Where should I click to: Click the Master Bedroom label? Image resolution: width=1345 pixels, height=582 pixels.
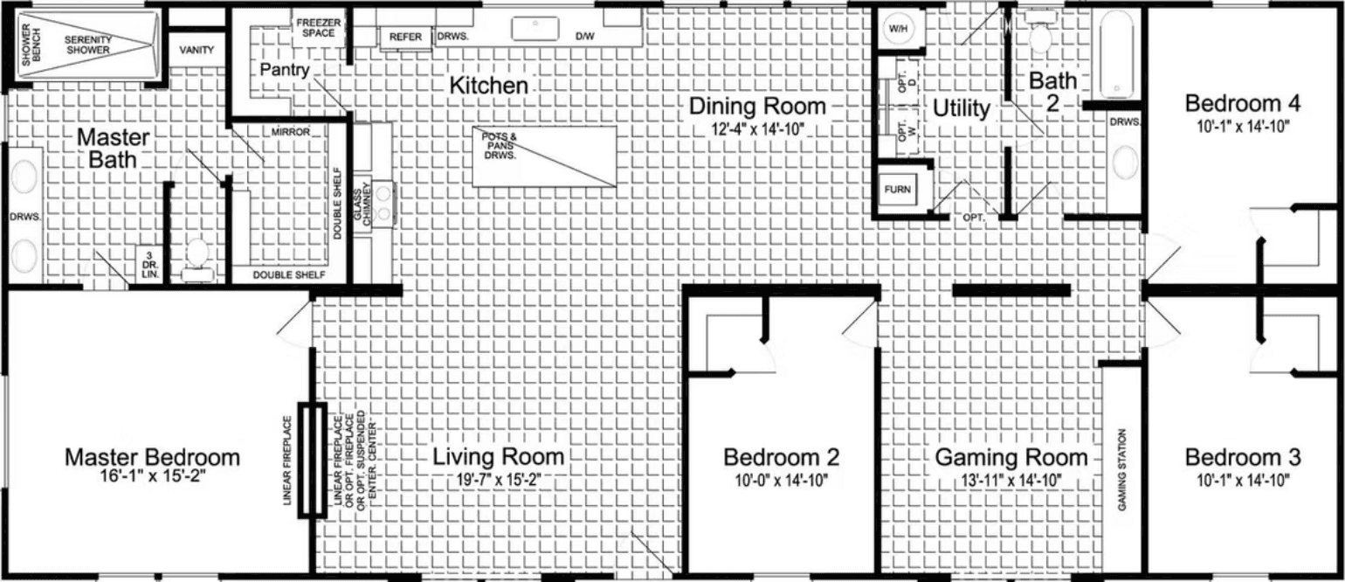[x=153, y=457]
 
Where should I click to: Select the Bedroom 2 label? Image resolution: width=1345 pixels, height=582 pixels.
[x=782, y=457]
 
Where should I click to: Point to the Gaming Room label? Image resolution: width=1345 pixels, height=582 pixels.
[x=1011, y=457]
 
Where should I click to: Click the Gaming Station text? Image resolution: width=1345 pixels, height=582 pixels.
[x=1122, y=469]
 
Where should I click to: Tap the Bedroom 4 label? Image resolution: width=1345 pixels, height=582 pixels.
[x=1242, y=103]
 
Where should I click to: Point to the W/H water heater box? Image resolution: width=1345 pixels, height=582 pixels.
[x=899, y=30]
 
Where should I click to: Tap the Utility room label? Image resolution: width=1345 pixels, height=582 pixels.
[x=961, y=108]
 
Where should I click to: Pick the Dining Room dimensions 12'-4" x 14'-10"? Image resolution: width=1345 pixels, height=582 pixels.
[x=757, y=129]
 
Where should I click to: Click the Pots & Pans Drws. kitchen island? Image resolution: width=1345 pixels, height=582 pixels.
[x=544, y=156]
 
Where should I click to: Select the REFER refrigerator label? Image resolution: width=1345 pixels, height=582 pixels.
[x=405, y=38]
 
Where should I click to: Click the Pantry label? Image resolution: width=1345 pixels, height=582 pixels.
[x=284, y=70]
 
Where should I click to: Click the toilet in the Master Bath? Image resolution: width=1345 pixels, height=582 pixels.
[x=197, y=254]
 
